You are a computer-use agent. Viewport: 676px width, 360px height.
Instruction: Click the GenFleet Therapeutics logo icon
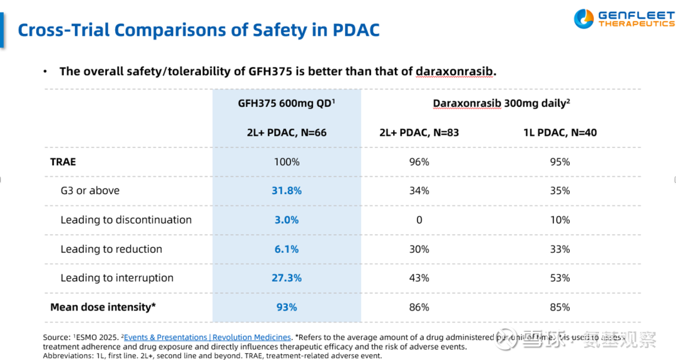583,19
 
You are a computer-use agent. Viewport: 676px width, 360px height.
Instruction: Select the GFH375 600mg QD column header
287,103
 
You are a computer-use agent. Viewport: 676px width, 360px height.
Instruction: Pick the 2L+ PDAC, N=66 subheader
287,133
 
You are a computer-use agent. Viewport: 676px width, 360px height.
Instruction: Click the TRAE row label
63,162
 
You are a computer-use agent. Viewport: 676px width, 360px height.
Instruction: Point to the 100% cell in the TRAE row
287,162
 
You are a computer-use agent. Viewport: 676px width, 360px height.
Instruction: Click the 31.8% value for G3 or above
287,190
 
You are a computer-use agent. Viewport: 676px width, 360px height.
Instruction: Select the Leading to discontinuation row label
126,220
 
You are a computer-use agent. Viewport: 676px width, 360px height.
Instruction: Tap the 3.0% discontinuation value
287,220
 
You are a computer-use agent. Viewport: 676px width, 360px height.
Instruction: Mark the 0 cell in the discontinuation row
419,220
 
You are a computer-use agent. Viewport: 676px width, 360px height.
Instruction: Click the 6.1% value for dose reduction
287,249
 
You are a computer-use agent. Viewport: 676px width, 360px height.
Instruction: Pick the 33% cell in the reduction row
560,249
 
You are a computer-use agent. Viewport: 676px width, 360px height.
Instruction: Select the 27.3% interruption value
287,278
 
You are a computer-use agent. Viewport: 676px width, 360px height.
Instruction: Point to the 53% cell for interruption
560,278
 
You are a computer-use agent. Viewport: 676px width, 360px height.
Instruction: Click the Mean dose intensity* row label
103,307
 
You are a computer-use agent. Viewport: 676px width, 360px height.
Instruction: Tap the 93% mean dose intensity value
287,307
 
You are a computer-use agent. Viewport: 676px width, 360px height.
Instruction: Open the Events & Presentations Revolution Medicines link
207,337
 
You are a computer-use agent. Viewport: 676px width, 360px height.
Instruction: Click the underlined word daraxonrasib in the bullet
454,71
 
